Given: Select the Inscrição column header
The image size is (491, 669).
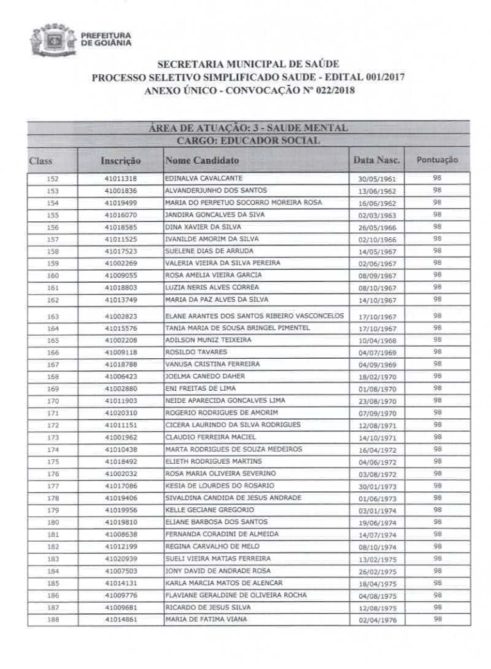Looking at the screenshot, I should [x=120, y=161].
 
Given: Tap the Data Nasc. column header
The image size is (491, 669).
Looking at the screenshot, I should [x=377, y=159].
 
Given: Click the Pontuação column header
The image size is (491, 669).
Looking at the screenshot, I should [x=437, y=159].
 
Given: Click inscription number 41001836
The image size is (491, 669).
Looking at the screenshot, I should [x=120, y=191].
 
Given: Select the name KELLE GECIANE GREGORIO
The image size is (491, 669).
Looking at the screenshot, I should [x=209, y=510].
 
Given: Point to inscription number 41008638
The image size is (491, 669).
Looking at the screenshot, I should [x=120, y=534].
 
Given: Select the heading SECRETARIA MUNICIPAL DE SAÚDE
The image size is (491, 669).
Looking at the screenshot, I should [x=248, y=65].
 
